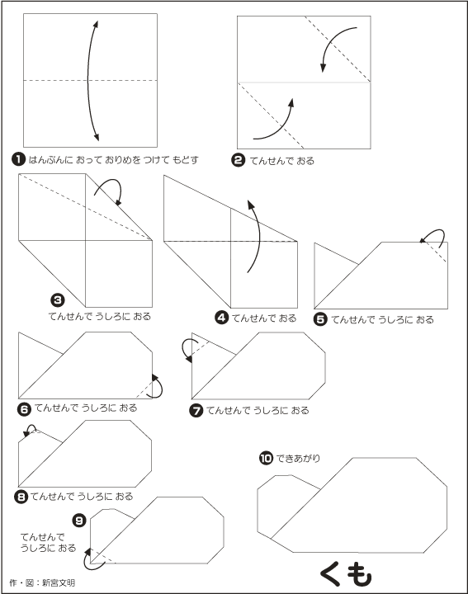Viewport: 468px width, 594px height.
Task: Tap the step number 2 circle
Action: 239,161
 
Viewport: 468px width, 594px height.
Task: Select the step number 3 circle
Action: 57,300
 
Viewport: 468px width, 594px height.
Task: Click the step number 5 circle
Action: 321,319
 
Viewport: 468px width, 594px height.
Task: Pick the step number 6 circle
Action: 25,408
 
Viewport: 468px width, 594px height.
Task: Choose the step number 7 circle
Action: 196,411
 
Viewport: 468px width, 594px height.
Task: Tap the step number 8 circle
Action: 21,497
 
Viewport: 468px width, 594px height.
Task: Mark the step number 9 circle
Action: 78,519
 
